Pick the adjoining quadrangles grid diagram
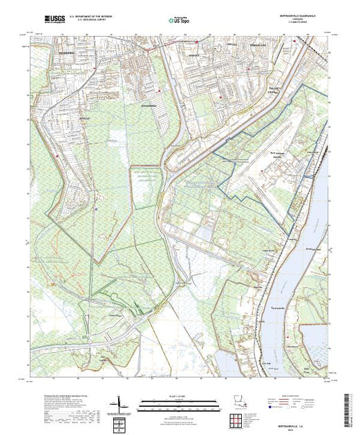tap(237, 418)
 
